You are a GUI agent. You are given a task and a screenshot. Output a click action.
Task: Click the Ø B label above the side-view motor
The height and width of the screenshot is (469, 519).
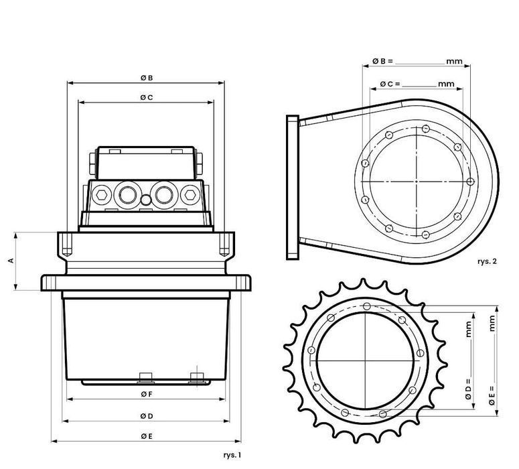coord(147,78)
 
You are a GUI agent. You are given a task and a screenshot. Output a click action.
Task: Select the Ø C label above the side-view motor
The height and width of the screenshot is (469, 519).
coord(147,97)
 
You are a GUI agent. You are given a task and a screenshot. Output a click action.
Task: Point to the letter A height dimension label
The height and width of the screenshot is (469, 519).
coord(11,261)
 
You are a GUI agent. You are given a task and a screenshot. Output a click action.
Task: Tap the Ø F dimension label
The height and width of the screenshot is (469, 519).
coord(147,394)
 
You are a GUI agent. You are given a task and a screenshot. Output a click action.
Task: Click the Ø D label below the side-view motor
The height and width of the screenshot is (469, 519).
coord(147,416)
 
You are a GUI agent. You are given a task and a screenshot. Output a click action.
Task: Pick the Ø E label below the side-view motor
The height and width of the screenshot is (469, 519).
coord(147,436)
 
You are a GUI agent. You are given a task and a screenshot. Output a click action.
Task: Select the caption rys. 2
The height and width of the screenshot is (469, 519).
coord(487,262)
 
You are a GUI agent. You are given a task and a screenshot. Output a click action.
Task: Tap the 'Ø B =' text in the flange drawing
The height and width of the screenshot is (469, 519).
coord(383,61)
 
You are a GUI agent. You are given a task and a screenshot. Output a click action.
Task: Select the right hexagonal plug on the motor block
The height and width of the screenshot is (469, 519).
coord(190,194)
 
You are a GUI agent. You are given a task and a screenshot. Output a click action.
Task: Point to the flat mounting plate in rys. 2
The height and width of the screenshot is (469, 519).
coord(292,187)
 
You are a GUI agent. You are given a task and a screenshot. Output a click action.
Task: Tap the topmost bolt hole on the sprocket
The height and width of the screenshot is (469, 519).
coord(366,307)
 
